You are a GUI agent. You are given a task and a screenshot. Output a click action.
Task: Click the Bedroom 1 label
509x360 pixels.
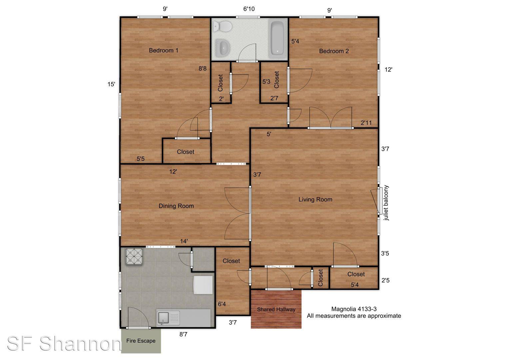pos(164,50)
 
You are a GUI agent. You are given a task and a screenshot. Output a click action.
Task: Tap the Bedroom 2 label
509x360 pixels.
pos(334,51)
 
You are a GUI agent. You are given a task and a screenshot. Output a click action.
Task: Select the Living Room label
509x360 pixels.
pos(315,199)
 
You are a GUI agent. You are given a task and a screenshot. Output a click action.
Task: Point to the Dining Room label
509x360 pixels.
pos(176,206)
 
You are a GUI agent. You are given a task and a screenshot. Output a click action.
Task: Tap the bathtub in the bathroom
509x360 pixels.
pos(277,38)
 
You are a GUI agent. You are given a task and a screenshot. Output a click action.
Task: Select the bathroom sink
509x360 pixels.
pos(223,48)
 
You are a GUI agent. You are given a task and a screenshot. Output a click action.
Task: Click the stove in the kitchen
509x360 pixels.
pos(134,257)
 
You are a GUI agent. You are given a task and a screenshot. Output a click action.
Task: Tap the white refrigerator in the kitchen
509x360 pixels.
pos(203,285)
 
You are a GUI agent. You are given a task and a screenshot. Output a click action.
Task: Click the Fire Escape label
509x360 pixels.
pos(141,341)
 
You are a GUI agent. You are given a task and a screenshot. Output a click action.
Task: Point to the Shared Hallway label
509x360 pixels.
pos(276,309)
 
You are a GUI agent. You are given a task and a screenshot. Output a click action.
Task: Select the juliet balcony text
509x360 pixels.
pos(386,203)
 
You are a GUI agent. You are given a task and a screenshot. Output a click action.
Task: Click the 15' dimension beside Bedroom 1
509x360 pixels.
pos(111,84)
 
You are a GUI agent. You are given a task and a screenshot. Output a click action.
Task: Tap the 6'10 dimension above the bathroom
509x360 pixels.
pos(249,9)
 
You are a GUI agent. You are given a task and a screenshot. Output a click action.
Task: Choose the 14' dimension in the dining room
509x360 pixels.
pos(184,241)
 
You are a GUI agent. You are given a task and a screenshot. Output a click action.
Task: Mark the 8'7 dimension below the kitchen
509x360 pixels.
pos(183,334)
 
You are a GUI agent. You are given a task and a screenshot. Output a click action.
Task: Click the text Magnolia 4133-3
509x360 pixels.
pos(354,309)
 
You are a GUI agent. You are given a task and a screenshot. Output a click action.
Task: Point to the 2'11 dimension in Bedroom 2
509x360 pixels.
pos(366,123)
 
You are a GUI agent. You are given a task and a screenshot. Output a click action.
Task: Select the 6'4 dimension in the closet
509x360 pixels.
pos(222,304)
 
